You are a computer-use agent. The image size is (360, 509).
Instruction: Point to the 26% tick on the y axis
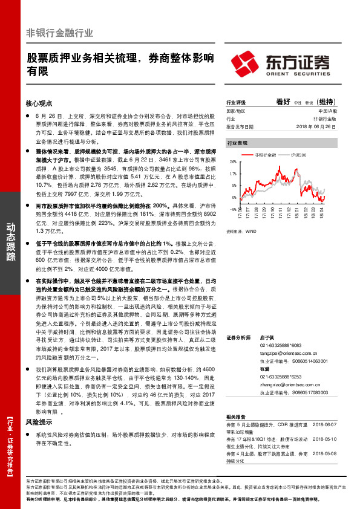click(x=233, y=162)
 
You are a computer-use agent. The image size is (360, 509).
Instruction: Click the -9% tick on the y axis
click(x=233, y=209)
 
